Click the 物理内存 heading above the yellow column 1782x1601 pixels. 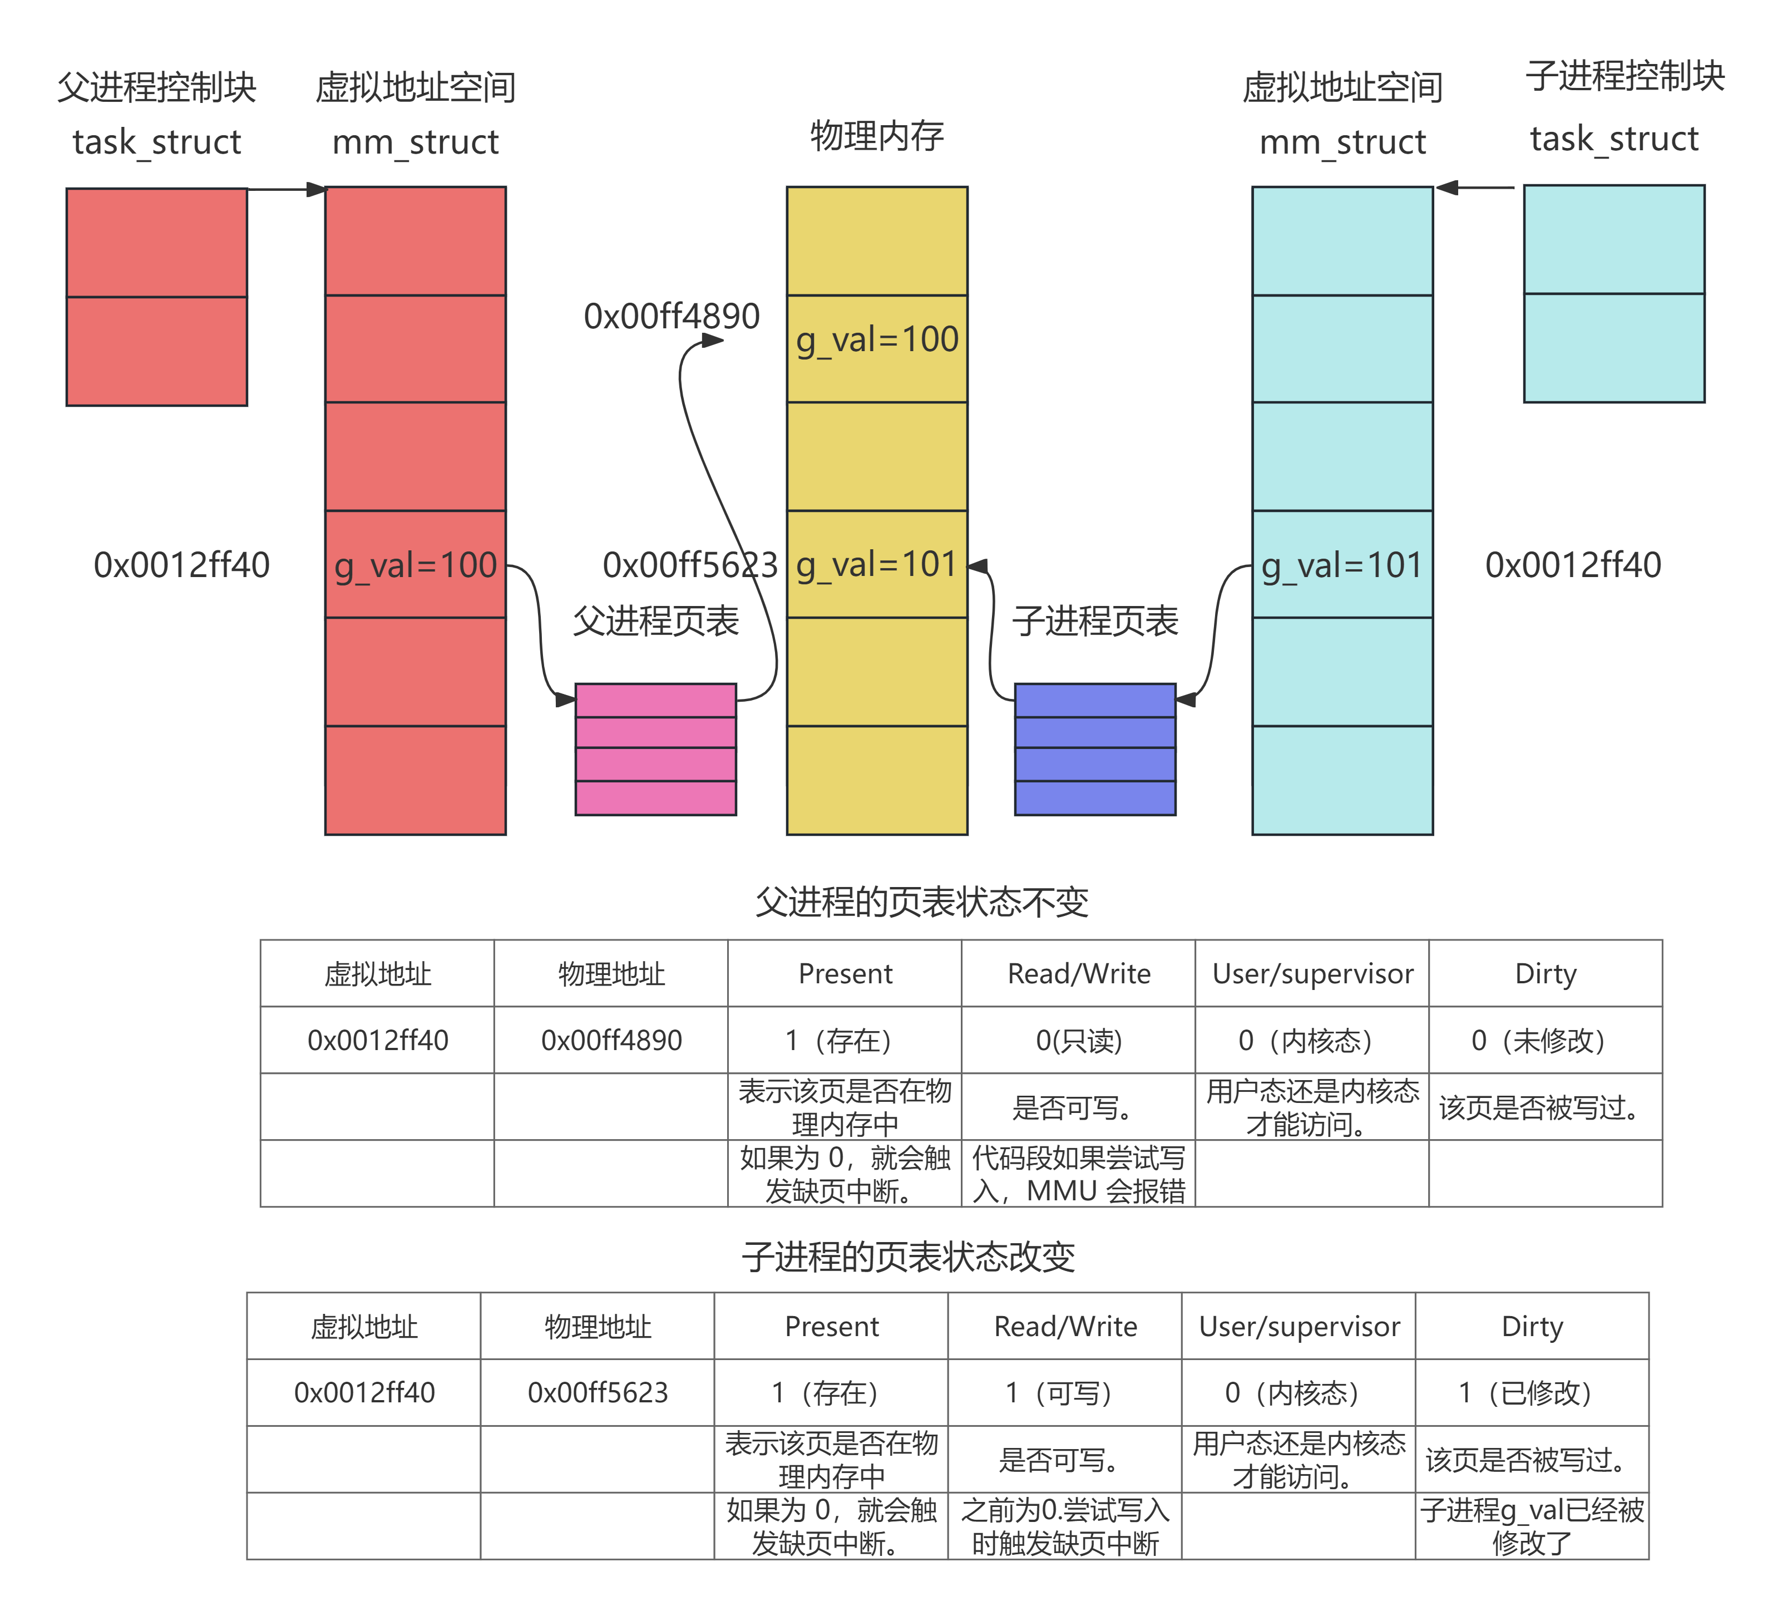[876, 136]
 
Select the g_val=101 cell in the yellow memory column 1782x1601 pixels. [876, 565]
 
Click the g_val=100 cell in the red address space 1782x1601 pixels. [415, 565]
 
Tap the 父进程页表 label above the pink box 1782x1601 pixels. [655, 621]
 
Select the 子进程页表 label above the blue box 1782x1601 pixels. [1094, 621]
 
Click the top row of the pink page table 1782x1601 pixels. [655, 700]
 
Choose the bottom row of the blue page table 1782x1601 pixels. [1094, 798]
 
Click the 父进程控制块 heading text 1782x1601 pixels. [156, 87]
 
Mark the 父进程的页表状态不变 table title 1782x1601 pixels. [922, 902]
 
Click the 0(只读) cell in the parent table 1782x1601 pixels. [1078, 1041]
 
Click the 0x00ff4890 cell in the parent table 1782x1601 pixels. [611, 1041]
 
